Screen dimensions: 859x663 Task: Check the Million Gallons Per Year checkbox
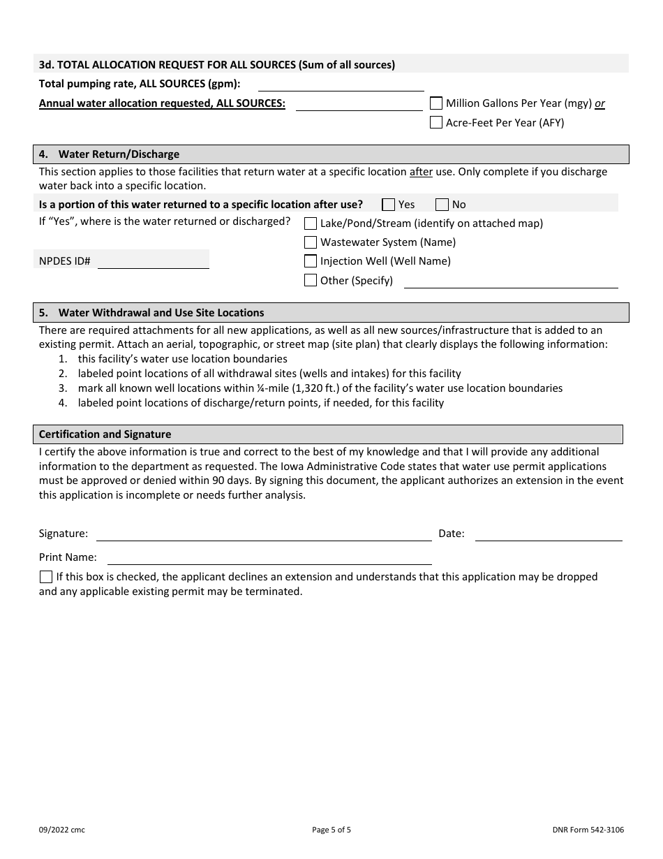(436, 103)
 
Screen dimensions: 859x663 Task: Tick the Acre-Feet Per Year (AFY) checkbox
(436, 123)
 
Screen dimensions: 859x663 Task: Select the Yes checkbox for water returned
(389, 205)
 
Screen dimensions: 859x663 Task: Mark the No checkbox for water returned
(442, 205)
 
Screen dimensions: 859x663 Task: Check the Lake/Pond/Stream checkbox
(311, 223)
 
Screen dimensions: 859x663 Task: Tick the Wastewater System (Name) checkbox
(311, 242)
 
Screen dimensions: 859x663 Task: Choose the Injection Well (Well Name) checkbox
(311, 261)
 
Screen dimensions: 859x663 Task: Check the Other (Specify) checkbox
(311, 281)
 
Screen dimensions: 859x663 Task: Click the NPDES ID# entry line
(153, 262)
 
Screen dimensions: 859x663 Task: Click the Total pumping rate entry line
(341, 85)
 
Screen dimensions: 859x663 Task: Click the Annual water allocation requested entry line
(359, 104)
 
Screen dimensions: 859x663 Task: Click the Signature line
(264, 534)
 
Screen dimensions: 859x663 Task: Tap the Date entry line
(548, 534)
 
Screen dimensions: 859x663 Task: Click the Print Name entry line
(269, 558)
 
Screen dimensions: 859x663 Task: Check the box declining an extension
(46, 577)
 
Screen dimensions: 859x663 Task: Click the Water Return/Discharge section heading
(119, 154)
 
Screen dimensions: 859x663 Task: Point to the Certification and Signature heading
(105, 434)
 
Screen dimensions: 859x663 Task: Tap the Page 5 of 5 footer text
(331, 830)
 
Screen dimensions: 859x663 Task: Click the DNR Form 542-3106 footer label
(588, 830)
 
